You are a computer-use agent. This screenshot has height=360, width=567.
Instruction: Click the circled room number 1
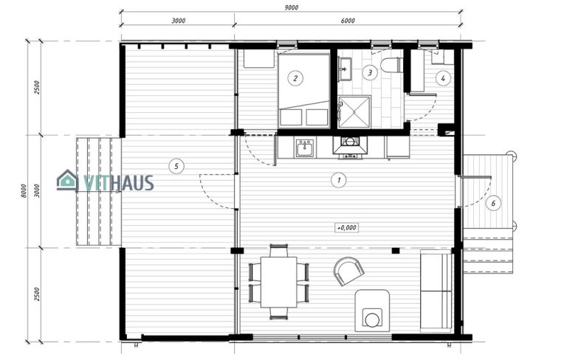tap(339, 179)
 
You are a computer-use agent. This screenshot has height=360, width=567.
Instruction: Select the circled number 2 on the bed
tap(295, 77)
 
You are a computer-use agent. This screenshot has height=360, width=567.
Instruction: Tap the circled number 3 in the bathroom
tap(369, 72)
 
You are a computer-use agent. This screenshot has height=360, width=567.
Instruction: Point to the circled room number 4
tap(443, 77)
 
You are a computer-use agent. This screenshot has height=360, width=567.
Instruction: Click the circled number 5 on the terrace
tap(176, 166)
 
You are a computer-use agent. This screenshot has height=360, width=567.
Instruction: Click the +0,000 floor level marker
tap(346, 228)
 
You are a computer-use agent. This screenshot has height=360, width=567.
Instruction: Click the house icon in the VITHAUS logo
tap(67, 180)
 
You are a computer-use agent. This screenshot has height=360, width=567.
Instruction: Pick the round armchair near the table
tap(348, 271)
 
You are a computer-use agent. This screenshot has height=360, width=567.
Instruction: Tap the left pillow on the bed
tap(289, 117)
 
